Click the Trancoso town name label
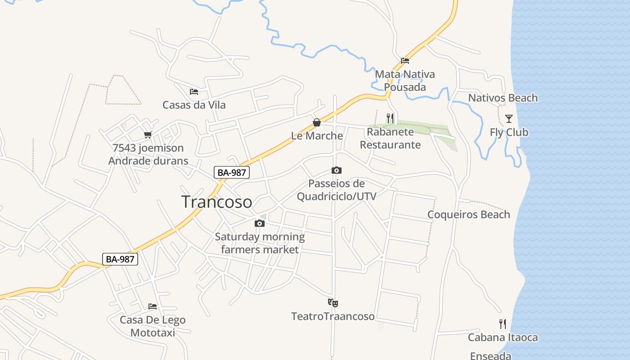216,202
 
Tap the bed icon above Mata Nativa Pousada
405,61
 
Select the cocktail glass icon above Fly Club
509,119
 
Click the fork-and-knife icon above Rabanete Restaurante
390,118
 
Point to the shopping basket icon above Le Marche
317,122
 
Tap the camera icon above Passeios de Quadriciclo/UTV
336,170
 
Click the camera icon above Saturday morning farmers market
259,223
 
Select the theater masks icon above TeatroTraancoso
333,303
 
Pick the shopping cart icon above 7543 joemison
148,135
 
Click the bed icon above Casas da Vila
194,92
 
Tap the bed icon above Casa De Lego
153,306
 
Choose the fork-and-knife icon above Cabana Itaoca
503,324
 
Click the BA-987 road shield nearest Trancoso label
232,172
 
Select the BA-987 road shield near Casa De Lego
120,259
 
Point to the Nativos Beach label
503,98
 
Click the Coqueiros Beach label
468,214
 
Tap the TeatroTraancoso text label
333,316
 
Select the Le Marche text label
317,135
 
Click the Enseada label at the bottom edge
490,355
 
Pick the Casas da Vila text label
194,105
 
